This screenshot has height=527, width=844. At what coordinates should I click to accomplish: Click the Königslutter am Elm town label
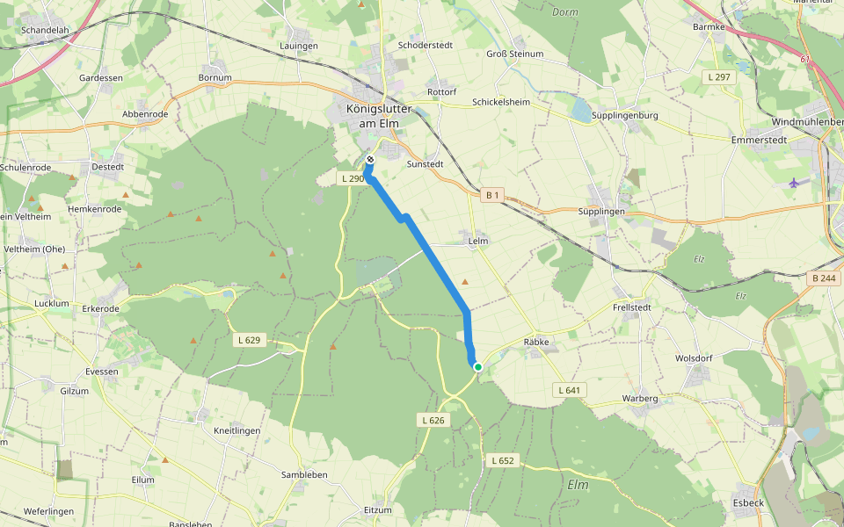379,115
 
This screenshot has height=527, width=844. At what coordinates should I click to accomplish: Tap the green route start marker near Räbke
477,366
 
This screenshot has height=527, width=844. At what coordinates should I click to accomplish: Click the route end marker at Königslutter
370,159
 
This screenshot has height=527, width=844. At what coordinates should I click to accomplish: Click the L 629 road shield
250,339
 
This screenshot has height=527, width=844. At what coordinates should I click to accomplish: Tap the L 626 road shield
433,421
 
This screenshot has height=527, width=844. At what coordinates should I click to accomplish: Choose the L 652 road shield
503,460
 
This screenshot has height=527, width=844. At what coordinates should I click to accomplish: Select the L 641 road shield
571,389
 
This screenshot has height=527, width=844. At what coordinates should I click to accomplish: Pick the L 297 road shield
719,78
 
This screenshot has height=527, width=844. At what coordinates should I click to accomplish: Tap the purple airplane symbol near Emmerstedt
796,183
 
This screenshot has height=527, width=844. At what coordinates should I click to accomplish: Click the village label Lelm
478,240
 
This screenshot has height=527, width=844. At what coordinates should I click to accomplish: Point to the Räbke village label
535,342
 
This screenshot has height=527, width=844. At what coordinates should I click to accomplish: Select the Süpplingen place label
602,212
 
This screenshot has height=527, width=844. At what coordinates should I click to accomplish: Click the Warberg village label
640,399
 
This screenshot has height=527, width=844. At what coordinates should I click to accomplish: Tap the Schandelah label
44,29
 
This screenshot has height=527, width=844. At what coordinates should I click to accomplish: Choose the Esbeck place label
748,503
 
